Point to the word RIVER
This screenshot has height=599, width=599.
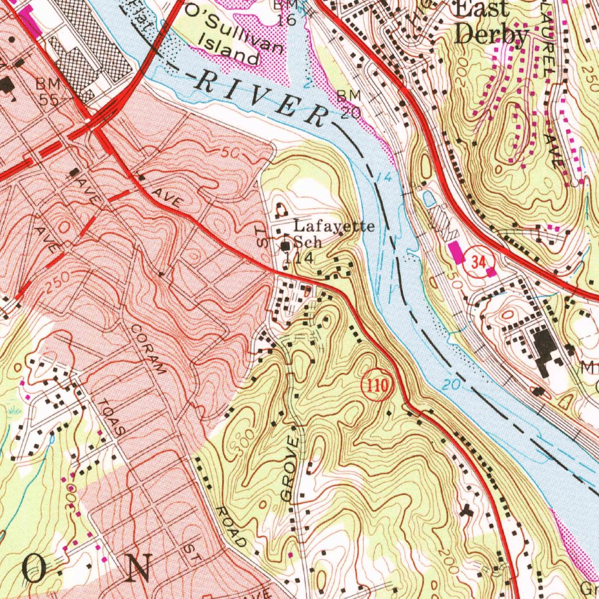coord(260,97)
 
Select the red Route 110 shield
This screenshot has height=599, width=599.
coord(376,386)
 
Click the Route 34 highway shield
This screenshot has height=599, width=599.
coord(479,263)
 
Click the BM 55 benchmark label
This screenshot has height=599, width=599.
coord(48,91)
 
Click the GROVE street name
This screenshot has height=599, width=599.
coord(291,468)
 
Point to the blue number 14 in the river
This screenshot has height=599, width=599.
coord(383,177)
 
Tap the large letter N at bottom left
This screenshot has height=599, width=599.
coord(139,566)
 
